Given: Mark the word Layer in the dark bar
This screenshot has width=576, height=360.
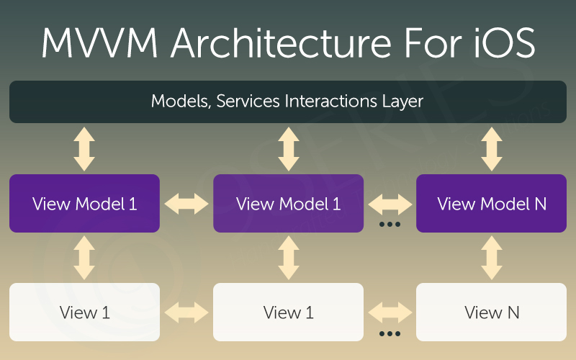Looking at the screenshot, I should [x=403, y=101].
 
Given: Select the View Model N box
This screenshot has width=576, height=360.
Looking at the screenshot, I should [x=492, y=203].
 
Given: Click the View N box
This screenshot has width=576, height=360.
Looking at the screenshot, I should [x=492, y=312].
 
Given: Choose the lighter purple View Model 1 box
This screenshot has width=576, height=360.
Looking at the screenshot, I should [x=288, y=203].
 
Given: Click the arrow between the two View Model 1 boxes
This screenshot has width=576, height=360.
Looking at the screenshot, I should [x=186, y=204].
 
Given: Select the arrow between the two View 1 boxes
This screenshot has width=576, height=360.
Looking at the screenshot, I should [x=186, y=313].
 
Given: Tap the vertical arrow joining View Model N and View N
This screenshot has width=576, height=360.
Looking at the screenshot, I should [x=492, y=258].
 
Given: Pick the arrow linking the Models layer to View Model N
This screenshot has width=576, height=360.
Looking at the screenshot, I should [x=492, y=148].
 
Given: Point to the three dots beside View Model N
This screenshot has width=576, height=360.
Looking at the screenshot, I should [x=390, y=225].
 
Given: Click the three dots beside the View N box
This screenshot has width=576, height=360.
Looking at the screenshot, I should [x=390, y=334].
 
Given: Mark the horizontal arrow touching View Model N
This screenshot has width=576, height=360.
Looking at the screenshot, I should [x=390, y=204].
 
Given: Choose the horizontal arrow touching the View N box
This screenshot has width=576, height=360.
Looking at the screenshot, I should [x=390, y=313].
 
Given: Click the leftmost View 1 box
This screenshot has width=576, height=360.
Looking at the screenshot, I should [x=84, y=312].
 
